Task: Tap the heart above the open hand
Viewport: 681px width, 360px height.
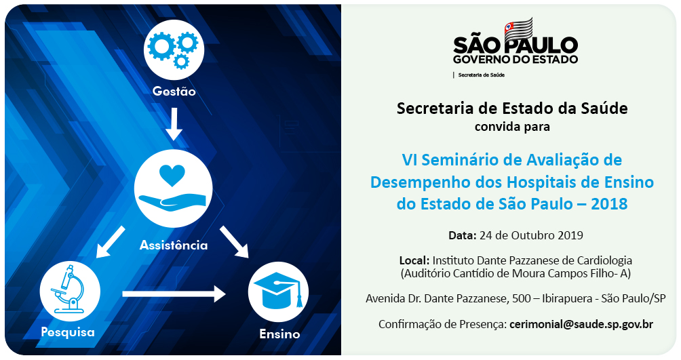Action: pyautogui.click(x=172, y=175)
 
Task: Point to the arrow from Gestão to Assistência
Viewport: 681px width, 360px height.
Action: pyautogui.click(x=174, y=124)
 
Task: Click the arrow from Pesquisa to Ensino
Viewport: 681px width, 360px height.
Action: pyautogui.click(x=174, y=294)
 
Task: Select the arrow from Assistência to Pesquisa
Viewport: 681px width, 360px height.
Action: pyautogui.click(x=111, y=242)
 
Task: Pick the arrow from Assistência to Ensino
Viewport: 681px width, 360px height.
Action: pyautogui.click(x=234, y=242)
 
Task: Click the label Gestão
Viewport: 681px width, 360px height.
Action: pyautogui.click(x=174, y=92)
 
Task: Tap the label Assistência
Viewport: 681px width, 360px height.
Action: pyautogui.click(x=173, y=245)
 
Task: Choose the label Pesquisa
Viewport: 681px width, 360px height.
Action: pyautogui.click(x=68, y=333)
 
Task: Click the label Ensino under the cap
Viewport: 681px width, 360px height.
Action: pyautogui.click(x=279, y=334)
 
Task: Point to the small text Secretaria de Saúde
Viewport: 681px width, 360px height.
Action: pyautogui.click(x=481, y=75)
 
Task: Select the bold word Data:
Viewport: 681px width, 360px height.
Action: pyautogui.click(x=463, y=235)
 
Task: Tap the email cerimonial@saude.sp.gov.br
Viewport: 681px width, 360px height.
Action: pyautogui.click(x=581, y=324)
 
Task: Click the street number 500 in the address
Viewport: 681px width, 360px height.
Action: pyautogui.click(x=521, y=298)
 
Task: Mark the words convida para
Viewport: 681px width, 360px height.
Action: pyautogui.click(x=512, y=127)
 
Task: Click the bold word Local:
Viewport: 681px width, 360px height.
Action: pyautogui.click(x=414, y=260)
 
